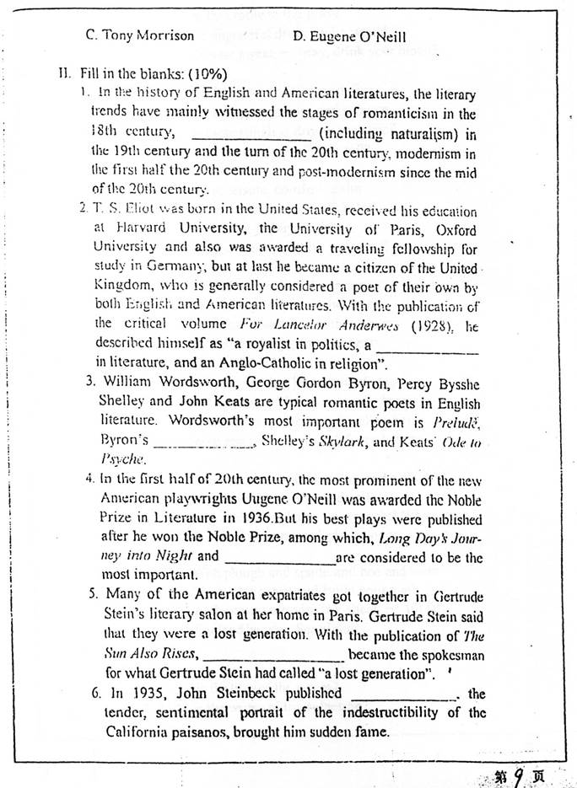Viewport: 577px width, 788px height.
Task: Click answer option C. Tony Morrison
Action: (140, 36)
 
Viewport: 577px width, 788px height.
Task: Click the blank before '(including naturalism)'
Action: (252, 136)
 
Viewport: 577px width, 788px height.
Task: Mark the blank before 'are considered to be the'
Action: (280, 560)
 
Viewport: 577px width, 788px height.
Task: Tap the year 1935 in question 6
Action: (135, 694)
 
